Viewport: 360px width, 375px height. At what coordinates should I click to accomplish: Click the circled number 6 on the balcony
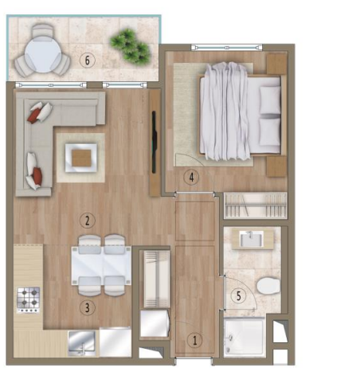pyautogui.click(x=88, y=61)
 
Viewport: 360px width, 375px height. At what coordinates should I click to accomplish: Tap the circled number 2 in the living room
pyautogui.click(x=88, y=221)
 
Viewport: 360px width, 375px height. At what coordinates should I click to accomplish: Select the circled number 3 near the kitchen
pyautogui.click(x=88, y=308)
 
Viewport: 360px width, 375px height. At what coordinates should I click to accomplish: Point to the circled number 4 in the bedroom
pyautogui.click(x=191, y=177)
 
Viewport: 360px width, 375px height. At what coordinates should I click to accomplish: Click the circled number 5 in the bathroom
pyautogui.click(x=239, y=295)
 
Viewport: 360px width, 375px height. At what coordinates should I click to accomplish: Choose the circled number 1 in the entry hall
pyautogui.click(x=195, y=340)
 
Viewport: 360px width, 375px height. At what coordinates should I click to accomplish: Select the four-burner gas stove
pyautogui.click(x=29, y=300)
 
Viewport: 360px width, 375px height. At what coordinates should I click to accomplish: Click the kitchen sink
pyautogui.click(x=82, y=343)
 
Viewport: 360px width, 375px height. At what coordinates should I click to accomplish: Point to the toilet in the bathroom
pyautogui.click(x=268, y=286)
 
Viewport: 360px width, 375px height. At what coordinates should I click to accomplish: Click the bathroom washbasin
pyautogui.click(x=252, y=239)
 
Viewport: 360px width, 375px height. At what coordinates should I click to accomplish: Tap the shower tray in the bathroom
pyautogui.click(x=245, y=337)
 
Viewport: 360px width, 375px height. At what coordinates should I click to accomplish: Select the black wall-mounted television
pyautogui.click(x=154, y=143)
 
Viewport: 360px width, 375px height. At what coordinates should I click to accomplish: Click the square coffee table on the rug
pyautogui.click(x=81, y=158)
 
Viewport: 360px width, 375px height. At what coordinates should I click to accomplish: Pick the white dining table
pyautogui.click(x=101, y=266)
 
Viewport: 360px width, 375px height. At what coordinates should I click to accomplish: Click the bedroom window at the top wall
pyautogui.click(x=227, y=48)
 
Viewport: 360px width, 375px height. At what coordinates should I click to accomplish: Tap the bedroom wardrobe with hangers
pyautogui.click(x=256, y=205)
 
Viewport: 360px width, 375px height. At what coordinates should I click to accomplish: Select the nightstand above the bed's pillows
pyautogui.click(x=276, y=64)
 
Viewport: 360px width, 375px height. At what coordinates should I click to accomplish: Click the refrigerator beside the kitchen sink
pyautogui.click(x=115, y=342)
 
